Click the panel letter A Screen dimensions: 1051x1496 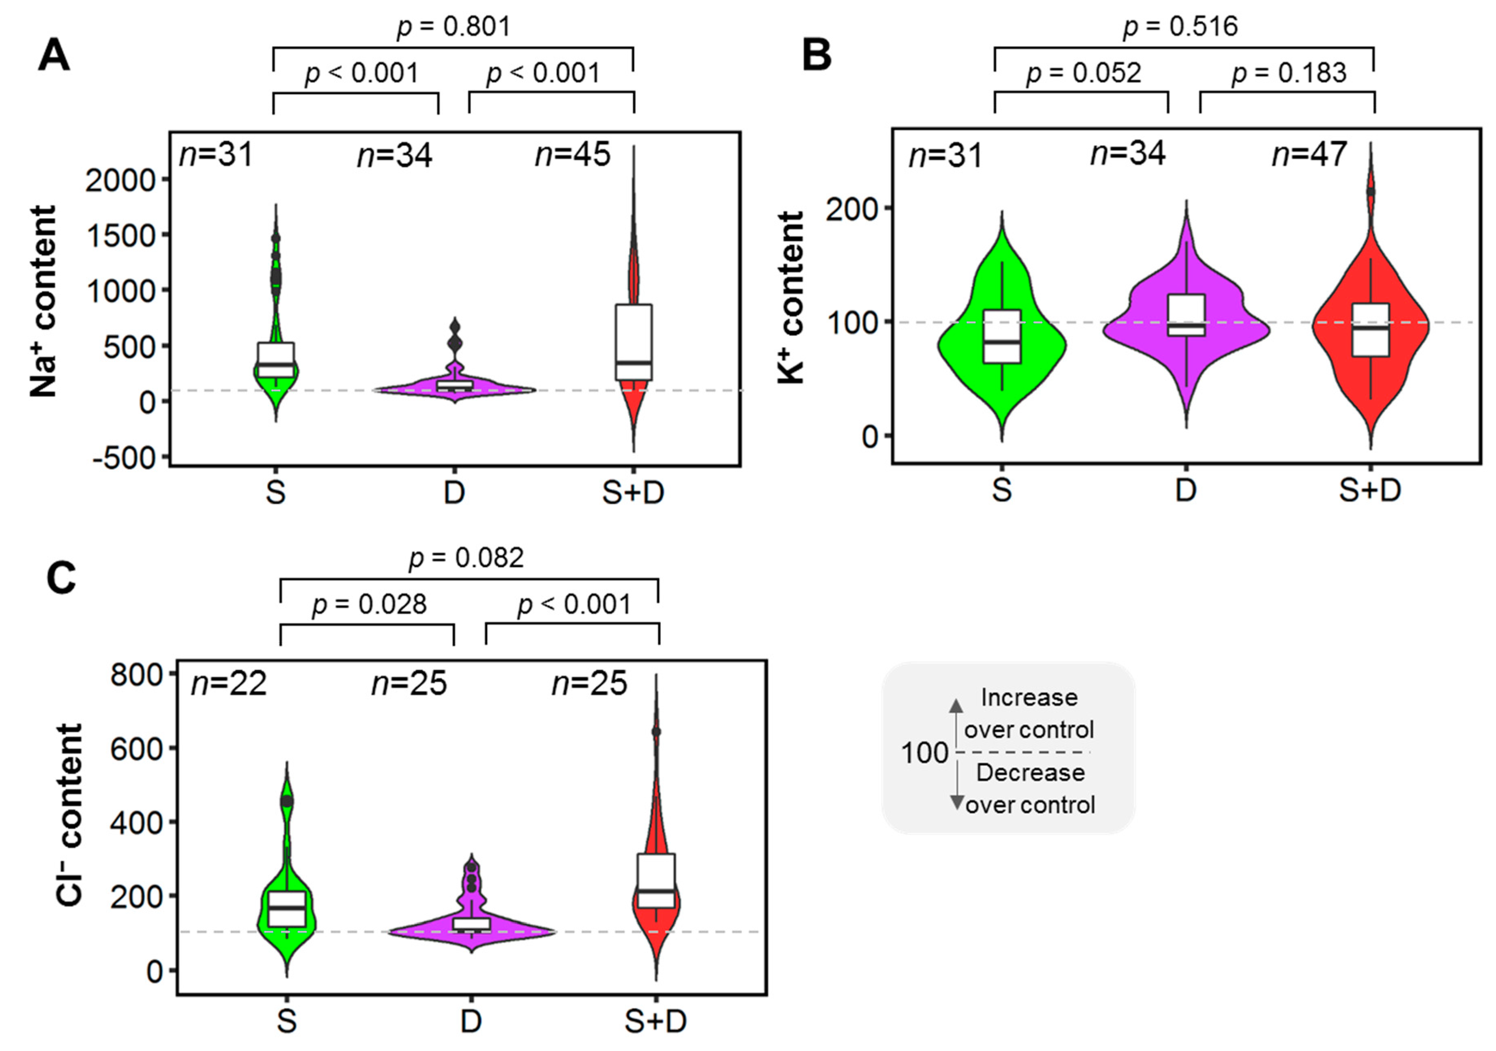click(x=54, y=56)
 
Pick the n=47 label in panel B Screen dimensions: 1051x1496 click(x=1309, y=154)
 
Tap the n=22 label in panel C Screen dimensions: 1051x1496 click(x=229, y=683)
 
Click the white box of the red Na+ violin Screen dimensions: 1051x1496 click(x=633, y=342)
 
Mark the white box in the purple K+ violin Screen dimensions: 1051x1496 click(x=1186, y=315)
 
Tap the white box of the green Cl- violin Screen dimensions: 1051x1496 click(x=287, y=908)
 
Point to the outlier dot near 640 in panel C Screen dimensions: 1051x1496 click(x=656, y=732)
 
